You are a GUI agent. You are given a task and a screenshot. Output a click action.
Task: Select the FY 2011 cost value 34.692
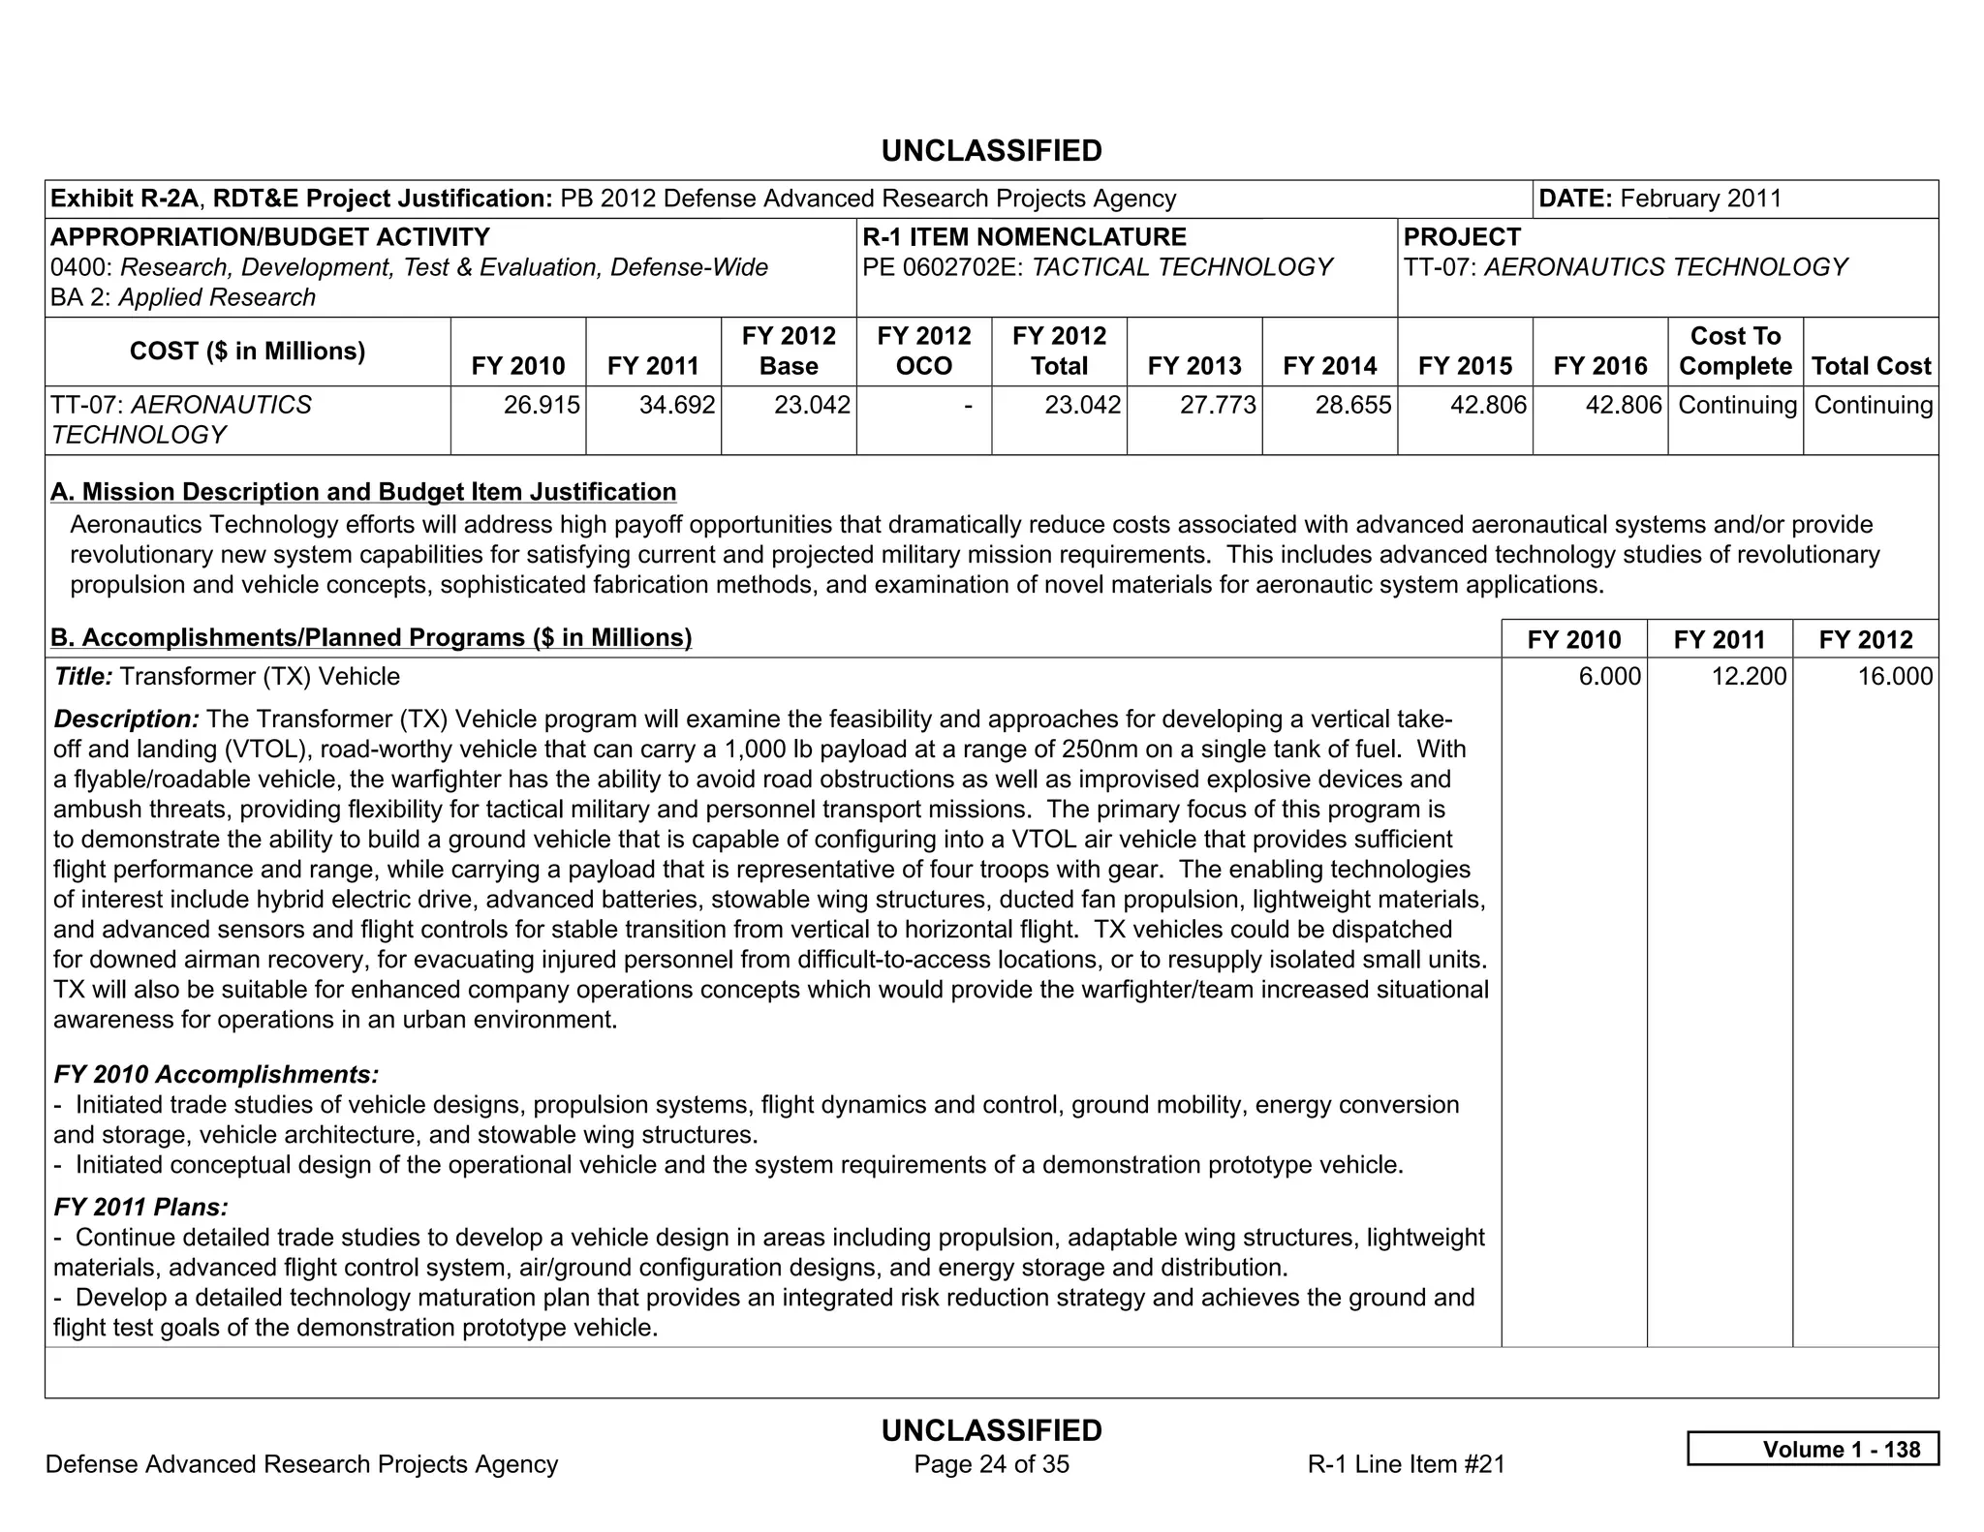(x=676, y=405)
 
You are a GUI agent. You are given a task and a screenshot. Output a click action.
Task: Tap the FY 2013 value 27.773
(x=1217, y=405)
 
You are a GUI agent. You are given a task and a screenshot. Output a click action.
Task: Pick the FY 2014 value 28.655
(x=1352, y=405)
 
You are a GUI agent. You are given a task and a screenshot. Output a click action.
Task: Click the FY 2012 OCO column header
(x=923, y=351)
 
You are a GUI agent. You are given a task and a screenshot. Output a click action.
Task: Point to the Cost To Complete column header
(x=1735, y=351)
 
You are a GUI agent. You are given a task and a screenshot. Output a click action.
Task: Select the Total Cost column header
(x=1871, y=366)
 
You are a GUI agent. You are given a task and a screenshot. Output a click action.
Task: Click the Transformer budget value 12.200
(x=1748, y=676)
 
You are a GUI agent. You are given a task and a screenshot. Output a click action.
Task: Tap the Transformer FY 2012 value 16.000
(x=1894, y=676)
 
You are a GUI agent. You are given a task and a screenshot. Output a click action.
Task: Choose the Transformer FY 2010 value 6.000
(x=1609, y=676)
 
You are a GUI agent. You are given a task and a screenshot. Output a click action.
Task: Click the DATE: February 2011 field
(x=1659, y=199)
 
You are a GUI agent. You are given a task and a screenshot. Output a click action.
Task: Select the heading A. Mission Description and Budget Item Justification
(x=363, y=492)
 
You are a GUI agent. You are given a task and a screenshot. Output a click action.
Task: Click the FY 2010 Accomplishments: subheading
(x=216, y=1074)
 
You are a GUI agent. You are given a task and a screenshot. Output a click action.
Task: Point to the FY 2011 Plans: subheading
(x=141, y=1207)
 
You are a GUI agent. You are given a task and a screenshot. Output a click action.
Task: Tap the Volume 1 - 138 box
(x=1813, y=1449)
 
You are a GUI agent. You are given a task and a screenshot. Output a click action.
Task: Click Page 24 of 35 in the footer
(x=991, y=1464)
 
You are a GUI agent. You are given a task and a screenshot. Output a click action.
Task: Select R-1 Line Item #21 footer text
(x=1406, y=1464)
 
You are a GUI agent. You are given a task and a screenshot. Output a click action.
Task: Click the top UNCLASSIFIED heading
(x=991, y=151)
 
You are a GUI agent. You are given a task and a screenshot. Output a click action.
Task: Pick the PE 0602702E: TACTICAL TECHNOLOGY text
(x=1097, y=267)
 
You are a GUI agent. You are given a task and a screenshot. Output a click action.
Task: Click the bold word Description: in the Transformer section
(x=126, y=719)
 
